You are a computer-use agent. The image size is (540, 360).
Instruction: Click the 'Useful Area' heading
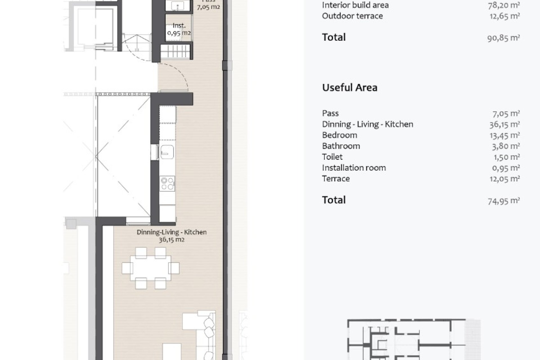click(350, 87)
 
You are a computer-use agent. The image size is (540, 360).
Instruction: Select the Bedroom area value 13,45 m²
click(505, 135)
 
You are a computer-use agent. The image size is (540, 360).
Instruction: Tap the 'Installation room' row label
click(354, 168)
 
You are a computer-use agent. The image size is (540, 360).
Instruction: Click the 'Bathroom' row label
click(341, 146)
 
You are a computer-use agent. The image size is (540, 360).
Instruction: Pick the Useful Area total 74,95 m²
click(504, 201)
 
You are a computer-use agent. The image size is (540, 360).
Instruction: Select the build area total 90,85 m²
click(503, 38)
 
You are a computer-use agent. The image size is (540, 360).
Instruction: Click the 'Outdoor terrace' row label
click(352, 16)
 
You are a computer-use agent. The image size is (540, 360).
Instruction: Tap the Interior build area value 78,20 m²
click(504, 5)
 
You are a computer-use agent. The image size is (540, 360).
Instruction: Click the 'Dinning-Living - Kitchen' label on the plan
click(172, 232)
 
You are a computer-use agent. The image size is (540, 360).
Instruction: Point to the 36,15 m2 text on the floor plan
click(172, 240)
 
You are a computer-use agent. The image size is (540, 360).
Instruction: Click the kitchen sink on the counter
click(167, 152)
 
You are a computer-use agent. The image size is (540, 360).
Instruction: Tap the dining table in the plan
click(150, 268)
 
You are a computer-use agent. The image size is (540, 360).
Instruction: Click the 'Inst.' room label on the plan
click(179, 26)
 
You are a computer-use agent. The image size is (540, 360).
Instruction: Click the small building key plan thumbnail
click(414, 339)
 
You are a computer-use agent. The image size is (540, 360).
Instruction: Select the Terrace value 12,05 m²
click(505, 179)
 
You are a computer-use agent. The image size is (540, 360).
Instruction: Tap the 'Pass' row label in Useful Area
click(330, 113)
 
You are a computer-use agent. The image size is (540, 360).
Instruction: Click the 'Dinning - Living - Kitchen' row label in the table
click(368, 124)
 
